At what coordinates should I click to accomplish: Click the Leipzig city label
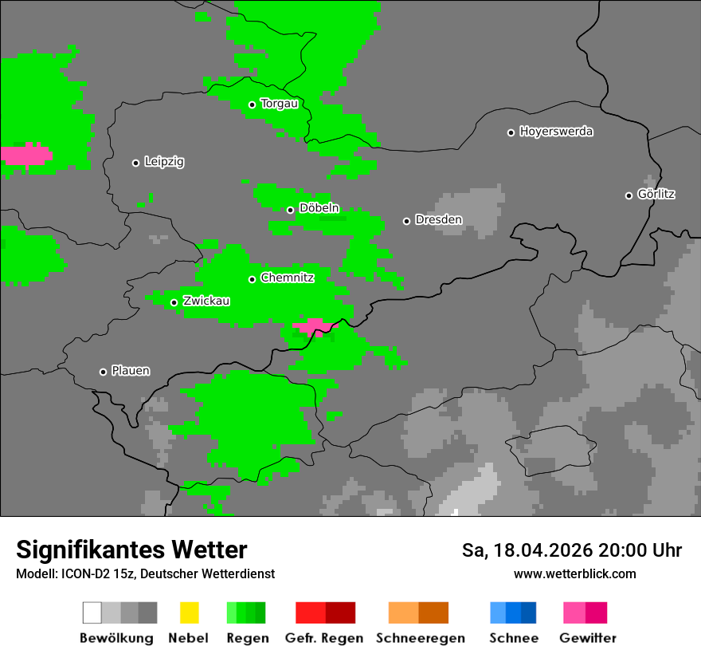[x=164, y=162]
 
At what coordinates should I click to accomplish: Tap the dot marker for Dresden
[x=406, y=221]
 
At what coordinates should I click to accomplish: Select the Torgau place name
[x=279, y=104]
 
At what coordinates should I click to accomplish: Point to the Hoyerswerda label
[x=556, y=132]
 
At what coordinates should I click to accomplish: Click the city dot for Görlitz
[x=629, y=195]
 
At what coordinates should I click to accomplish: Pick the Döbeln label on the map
[x=319, y=208]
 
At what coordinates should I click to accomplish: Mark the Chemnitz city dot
[x=252, y=279]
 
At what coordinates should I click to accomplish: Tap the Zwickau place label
[x=206, y=301]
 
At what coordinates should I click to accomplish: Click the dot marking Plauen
[x=103, y=372]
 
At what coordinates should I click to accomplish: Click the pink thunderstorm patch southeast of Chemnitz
[x=315, y=327]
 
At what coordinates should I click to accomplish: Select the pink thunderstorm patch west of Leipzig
[x=25, y=154]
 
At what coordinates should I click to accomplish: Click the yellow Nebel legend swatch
[x=189, y=613]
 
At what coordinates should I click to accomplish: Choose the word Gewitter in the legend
[x=588, y=638]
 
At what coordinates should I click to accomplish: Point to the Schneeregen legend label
[x=421, y=638]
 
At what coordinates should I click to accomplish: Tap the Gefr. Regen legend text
[x=324, y=638]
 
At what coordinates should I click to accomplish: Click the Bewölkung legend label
[x=116, y=638]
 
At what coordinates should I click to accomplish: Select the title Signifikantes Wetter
[x=131, y=550]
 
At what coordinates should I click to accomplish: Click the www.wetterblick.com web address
[x=575, y=574]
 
